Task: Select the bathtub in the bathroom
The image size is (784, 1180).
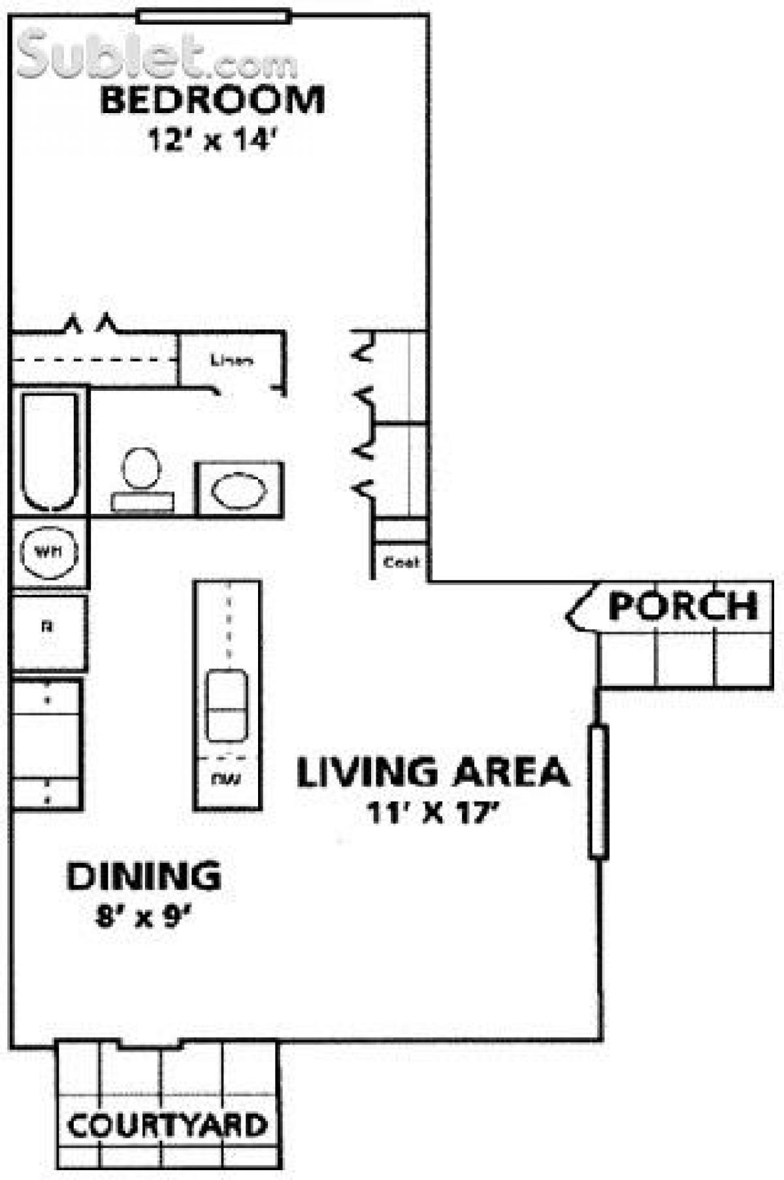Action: click(50, 451)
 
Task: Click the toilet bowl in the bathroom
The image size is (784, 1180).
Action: click(142, 468)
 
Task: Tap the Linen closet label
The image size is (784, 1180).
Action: click(232, 360)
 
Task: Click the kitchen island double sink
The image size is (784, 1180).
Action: click(227, 706)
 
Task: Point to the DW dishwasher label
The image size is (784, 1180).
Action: click(227, 779)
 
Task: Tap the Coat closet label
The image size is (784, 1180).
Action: click(400, 562)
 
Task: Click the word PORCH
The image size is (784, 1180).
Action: click(683, 606)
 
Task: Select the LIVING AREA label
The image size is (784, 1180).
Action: click(433, 772)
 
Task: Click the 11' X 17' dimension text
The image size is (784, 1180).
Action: click(433, 813)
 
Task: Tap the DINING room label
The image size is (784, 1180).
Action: click(144, 877)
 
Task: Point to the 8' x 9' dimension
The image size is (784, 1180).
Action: click(143, 917)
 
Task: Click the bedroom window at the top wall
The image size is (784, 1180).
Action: click(214, 16)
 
